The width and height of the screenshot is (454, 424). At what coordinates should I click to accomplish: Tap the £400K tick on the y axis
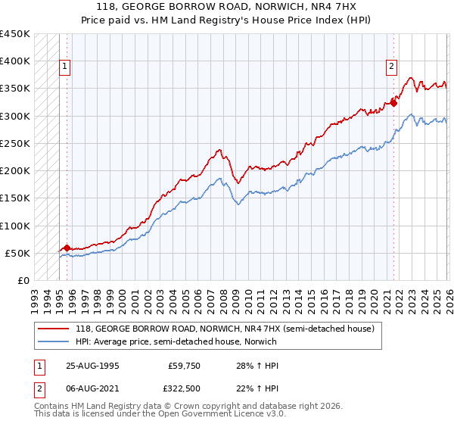(x=15, y=61)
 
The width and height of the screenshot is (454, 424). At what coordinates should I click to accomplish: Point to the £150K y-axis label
(x=15, y=198)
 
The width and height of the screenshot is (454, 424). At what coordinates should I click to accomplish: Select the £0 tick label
(x=23, y=281)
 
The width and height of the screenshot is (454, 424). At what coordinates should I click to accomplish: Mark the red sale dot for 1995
(x=67, y=248)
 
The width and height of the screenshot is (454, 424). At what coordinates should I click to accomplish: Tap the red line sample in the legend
(x=54, y=329)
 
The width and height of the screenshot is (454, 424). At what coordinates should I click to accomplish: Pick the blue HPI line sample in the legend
(x=54, y=341)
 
